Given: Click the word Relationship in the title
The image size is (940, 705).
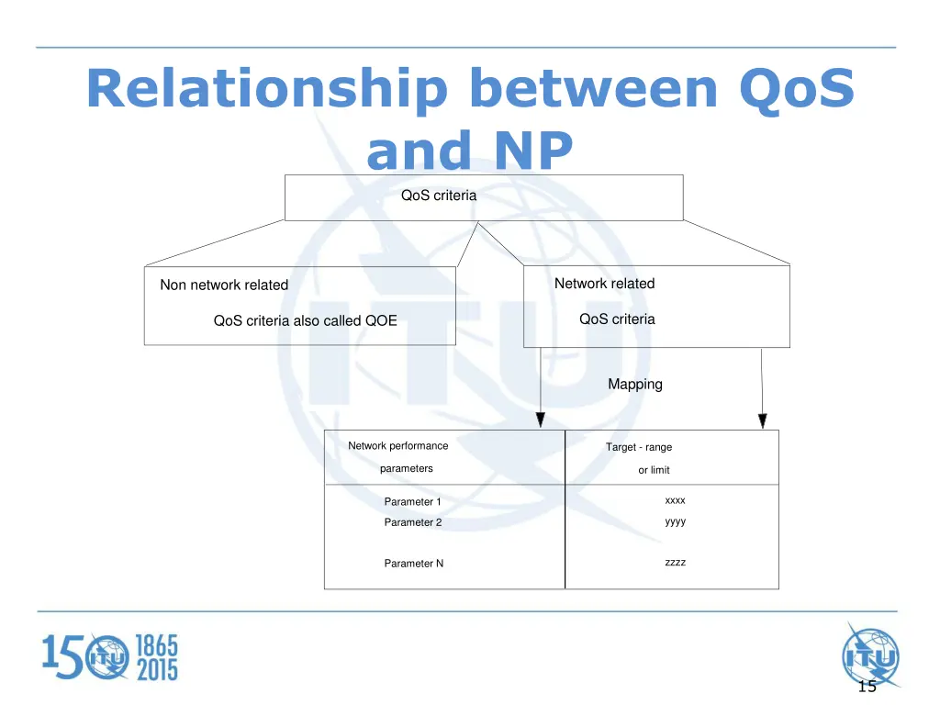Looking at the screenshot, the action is tap(266, 90).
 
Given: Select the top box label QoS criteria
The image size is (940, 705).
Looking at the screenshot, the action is tap(439, 195).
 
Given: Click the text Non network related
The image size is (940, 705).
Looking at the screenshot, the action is tap(224, 285).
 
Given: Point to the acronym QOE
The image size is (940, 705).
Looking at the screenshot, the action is tap(381, 321).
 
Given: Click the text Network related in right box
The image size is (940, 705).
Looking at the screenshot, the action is tap(604, 284).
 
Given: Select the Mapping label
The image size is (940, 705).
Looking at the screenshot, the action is tap(634, 385).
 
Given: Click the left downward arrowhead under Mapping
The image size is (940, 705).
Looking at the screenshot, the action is tap(541, 420).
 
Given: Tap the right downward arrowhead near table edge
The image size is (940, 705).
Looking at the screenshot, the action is tap(762, 420).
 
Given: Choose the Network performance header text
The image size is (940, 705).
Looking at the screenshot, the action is tap(397, 446).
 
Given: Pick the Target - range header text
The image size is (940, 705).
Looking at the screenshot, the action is tap(638, 447).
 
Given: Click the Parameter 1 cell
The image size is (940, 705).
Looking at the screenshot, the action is tap(412, 502).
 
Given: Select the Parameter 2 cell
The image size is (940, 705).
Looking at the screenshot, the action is tap(412, 522).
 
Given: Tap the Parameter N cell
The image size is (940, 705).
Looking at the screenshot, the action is tap(413, 564).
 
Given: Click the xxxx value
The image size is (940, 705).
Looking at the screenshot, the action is tap(675, 500).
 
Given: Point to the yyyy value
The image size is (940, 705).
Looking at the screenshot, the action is tap(675, 521).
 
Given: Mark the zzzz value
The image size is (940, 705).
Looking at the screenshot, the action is tap(675, 562).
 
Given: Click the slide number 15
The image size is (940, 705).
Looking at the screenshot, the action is tap(867, 688).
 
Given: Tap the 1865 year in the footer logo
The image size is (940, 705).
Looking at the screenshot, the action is tap(157, 645).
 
